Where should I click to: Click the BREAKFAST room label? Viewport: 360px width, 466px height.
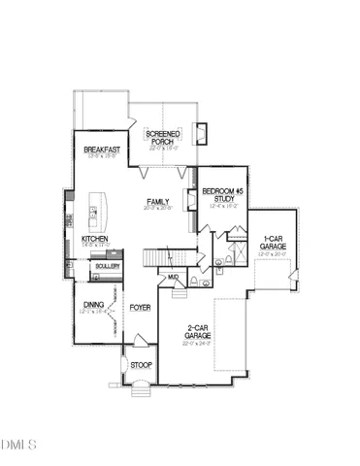(100, 149)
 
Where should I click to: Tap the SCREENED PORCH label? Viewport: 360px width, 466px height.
(160, 137)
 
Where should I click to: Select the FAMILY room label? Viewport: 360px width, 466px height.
(157, 202)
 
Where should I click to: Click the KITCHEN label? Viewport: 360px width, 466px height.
(94, 238)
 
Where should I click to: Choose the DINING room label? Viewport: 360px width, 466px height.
(93, 305)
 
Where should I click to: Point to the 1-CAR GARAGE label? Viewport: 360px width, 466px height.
(273, 243)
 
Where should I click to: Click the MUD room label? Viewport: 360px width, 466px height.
(173, 278)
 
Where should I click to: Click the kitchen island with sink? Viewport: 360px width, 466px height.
(93, 212)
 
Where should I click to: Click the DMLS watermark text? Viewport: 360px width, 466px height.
(18, 446)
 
